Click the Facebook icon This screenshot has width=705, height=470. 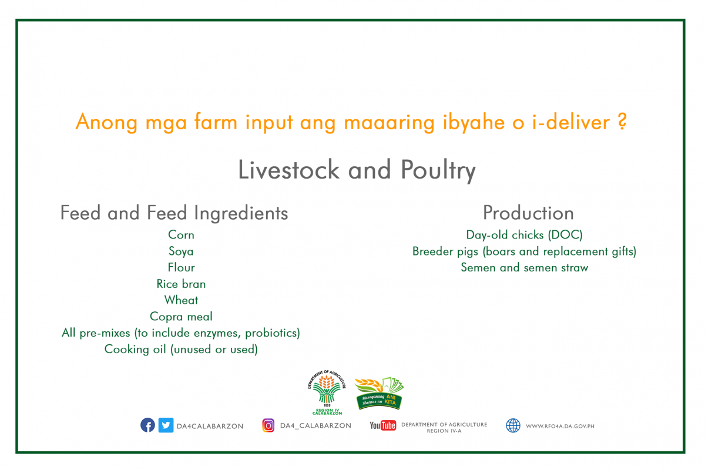pos(147,425)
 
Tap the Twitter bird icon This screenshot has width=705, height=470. pos(166,425)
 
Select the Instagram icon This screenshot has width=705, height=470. pos(268,425)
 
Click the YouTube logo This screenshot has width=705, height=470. pos(382,425)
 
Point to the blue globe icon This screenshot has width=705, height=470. pos(513,425)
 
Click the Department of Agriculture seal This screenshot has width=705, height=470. pos(327,392)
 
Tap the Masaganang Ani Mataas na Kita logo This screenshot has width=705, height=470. pos(380,393)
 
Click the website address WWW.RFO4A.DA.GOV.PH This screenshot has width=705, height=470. pos(560,427)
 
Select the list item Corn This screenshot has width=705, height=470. pos(181,235)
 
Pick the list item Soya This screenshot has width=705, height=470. pos(181,251)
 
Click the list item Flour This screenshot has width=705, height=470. pos(182,267)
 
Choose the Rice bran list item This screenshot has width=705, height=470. pos(181,284)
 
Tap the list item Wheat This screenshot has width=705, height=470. pos(182,300)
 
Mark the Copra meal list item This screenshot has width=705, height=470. pos(182,317)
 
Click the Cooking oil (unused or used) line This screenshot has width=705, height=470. pos(182,349)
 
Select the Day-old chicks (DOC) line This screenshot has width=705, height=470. pos(524,235)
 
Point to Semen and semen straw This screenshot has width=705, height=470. pos(524,267)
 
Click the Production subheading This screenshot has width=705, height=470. pos(528,213)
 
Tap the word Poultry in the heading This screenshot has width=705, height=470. pos(438,170)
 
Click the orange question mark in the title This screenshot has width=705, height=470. pos(622,122)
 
